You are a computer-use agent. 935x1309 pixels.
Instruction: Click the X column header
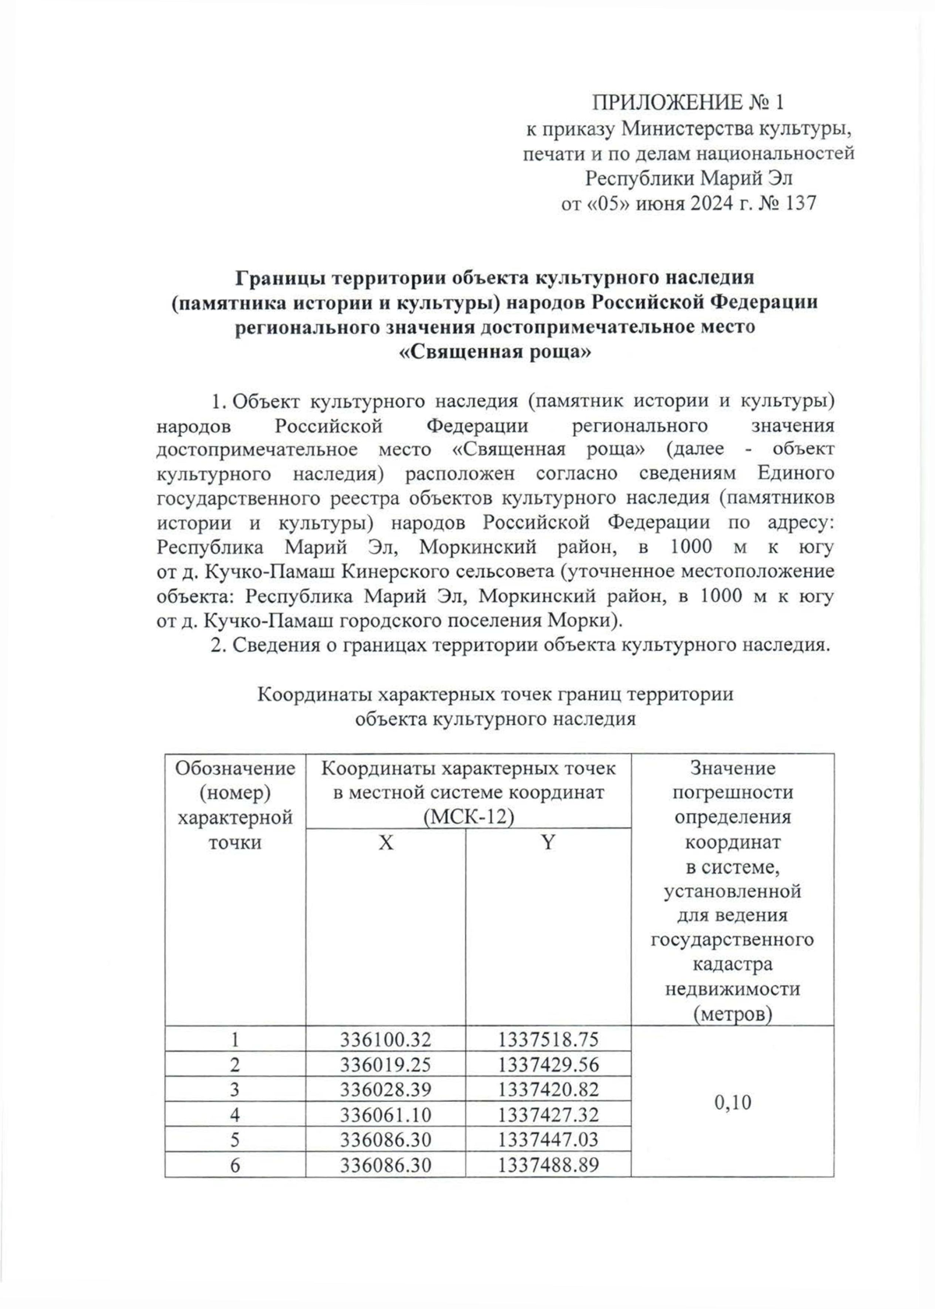point(386,842)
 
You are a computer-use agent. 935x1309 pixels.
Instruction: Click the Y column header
point(548,842)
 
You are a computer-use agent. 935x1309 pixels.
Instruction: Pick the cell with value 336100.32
point(386,1040)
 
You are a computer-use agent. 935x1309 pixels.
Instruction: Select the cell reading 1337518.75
point(549,1040)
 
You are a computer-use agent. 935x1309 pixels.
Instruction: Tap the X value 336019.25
point(386,1064)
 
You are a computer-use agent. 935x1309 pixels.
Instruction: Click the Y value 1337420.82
point(549,1089)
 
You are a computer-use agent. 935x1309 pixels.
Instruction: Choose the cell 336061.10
point(386,1114)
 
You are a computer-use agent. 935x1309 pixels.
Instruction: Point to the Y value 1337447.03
point(549,1139)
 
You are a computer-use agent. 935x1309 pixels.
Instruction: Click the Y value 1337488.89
point(549,1165)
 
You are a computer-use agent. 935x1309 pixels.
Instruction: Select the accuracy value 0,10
point(732,1103)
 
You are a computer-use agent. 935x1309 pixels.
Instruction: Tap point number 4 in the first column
point(235,1114)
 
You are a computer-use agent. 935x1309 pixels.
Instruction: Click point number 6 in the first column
point(235,1165)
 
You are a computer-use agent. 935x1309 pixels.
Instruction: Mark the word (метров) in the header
point(732,1014)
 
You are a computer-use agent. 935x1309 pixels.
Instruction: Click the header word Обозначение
point(235,769)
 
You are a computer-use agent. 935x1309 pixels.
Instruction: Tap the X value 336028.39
point(386,1089)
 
